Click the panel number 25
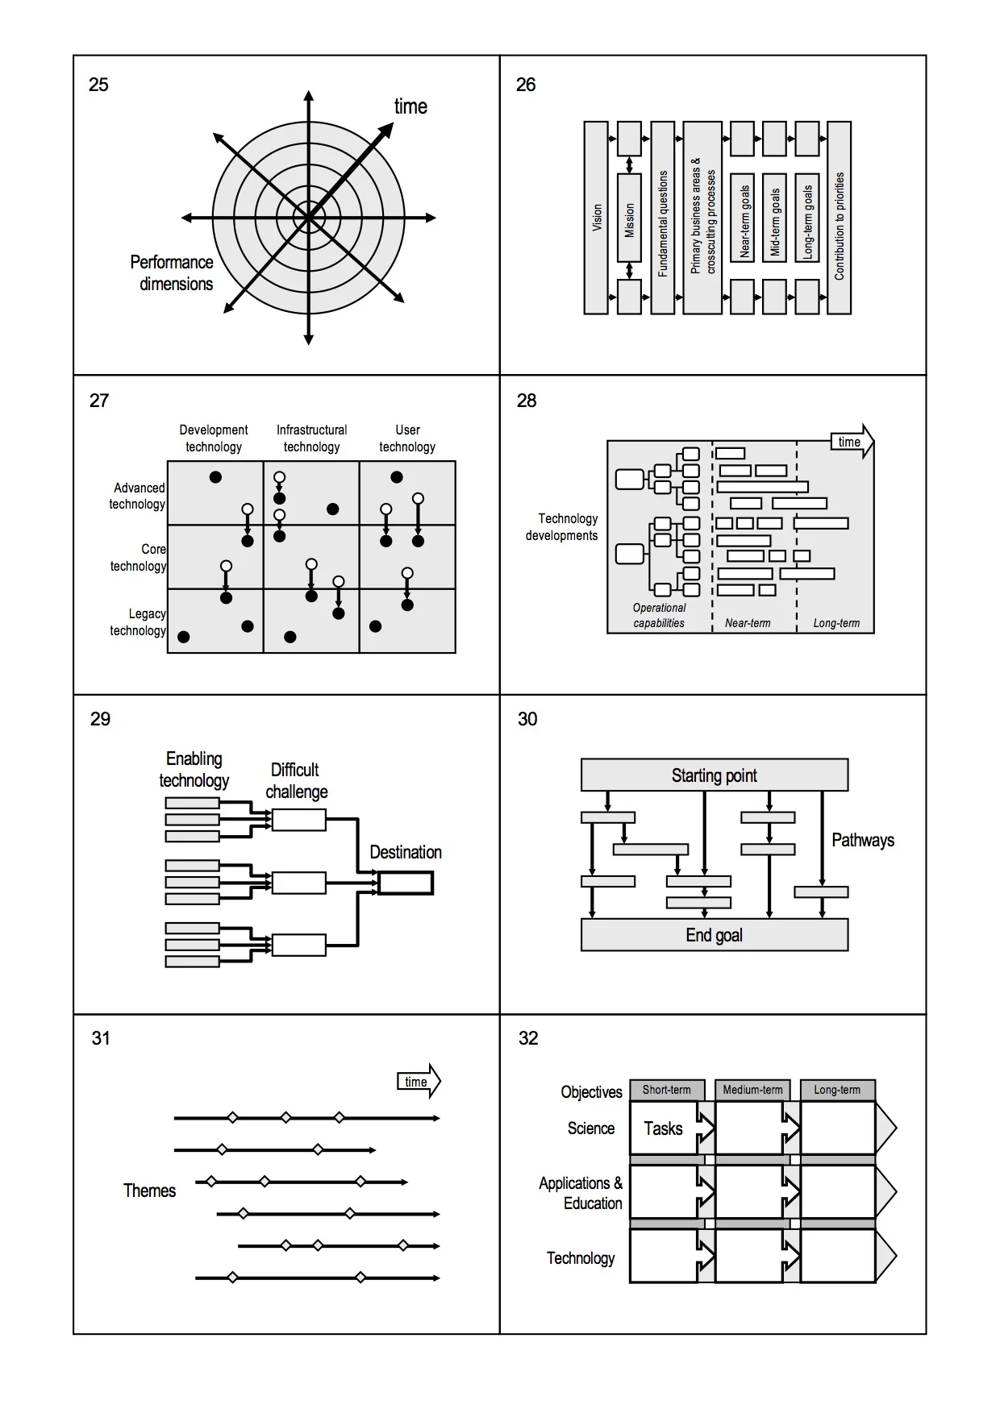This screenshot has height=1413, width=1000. [98, 85]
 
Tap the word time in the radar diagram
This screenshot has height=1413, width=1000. [410, 106]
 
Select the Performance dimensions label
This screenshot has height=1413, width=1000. [173, 273]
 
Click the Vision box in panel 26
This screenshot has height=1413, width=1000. [596, 218]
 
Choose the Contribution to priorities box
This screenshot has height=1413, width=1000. [839, 218]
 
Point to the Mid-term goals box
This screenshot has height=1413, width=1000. [774, 218]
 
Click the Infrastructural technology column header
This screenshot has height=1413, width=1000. [311, 438]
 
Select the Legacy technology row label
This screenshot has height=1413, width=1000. [139, 622]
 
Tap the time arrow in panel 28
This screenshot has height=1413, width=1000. [852, 442]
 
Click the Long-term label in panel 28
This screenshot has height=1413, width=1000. [836, 623]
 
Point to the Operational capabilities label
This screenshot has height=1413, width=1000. [659, 616]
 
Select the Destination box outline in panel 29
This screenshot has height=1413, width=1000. [406, 883]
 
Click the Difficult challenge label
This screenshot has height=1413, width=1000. [296, 780]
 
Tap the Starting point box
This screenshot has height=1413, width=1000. [714, 775]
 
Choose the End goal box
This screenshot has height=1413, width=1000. [714, 935]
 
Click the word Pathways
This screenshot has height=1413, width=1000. [862, 840]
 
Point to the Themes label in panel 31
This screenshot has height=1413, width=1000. [149, 1191]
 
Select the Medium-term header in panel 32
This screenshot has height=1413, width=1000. [752, 1090]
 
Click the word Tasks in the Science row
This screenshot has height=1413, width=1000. [663, 1128]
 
